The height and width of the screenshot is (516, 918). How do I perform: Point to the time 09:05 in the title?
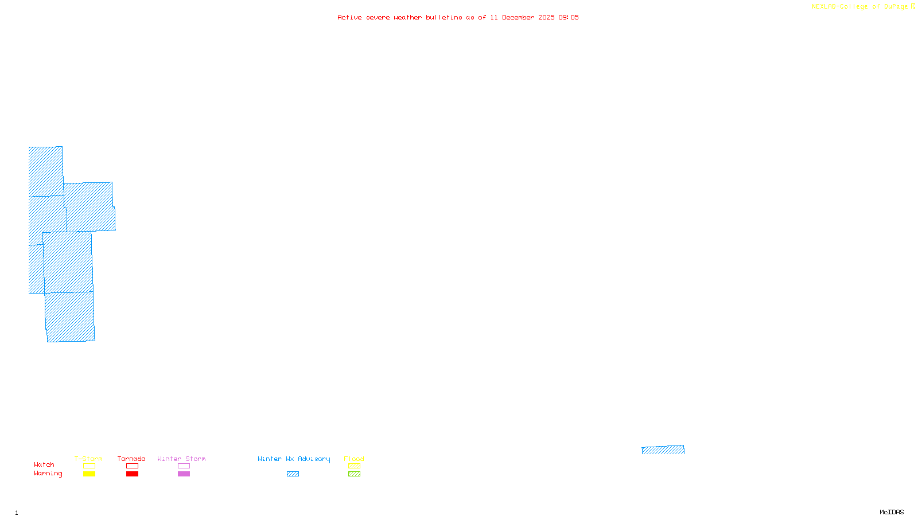click(x=568, y=18)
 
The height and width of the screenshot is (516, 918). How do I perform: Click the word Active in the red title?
click(x=349, y=18)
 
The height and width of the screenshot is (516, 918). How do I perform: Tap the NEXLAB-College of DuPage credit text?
click(x=859, y=7)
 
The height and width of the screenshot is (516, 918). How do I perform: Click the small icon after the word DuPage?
click(x=913, y=6)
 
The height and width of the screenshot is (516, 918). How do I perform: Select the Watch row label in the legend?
click(x=44, y=465)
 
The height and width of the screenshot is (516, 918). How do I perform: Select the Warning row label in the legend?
click(x=48, y=474)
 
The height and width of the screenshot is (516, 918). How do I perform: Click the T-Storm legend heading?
click(x=88, y=459)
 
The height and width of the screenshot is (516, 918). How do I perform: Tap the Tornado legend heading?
click(x=131, y=459)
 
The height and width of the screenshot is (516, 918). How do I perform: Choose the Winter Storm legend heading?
click(x=181, y=459)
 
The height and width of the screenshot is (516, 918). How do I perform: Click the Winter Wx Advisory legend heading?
click(x=294, y=459)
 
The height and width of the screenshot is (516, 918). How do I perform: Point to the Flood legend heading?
click(x=354, y=459)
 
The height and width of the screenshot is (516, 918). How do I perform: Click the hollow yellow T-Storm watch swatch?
click(x=89, y=466)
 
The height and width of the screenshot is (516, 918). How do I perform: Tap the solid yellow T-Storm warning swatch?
click(x=89, y=474)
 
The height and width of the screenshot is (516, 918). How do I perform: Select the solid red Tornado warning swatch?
click(x=132, y=474)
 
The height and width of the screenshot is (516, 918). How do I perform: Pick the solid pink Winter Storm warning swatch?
click(x=184, y=474)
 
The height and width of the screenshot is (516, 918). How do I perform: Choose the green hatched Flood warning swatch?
click(x=354, y=474)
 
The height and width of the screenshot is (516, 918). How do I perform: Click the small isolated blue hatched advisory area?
click(x=663, y=450)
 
